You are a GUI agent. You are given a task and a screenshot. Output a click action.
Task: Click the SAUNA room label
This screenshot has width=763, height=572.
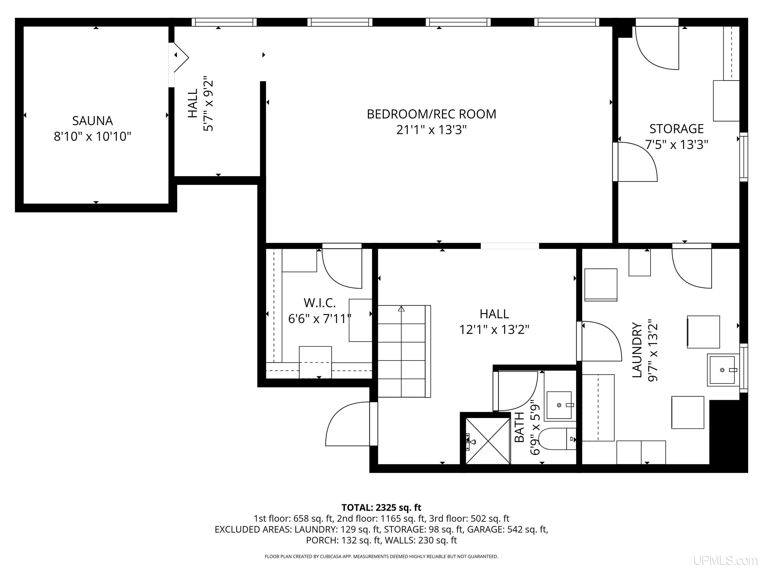(x=92, y=121)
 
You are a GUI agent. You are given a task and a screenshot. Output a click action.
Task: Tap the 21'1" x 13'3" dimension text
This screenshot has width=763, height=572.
(x=431, y=130)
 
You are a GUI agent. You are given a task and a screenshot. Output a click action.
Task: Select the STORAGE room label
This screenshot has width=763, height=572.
(x=676, y=129)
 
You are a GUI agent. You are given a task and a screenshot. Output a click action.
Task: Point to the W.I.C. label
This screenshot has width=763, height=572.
(x=319, y=303)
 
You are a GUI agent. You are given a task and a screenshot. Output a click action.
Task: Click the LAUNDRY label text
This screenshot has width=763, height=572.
(x=637, y=350)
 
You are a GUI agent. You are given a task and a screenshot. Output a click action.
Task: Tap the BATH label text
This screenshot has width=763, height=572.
(x=519, y=427)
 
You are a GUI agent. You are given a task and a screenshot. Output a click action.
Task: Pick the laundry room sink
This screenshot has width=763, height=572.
(x=723, y=370)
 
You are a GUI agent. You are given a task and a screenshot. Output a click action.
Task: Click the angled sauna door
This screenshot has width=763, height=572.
(x=181, y=58)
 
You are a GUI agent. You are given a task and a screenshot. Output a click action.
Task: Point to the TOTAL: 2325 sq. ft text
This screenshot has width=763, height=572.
(x=381, y=507)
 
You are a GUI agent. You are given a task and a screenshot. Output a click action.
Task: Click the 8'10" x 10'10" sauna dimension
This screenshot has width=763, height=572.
(x=92, y=137)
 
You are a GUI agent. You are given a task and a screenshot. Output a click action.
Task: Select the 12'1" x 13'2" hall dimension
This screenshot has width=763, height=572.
(x=494, y=330)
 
